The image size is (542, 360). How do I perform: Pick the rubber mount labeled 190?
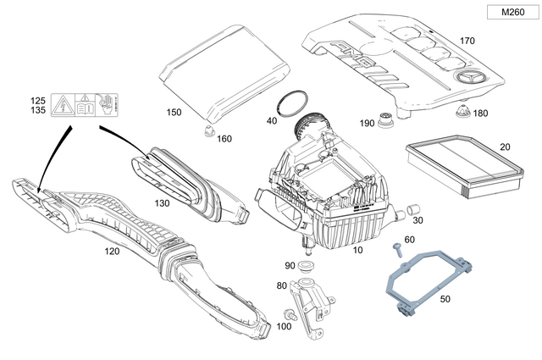pos(385,120)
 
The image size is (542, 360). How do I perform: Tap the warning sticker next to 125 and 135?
pos(85,107)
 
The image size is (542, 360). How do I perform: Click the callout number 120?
pos(111,252)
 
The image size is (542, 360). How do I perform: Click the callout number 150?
pos(173,112)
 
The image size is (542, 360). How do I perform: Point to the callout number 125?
pos(38,99)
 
